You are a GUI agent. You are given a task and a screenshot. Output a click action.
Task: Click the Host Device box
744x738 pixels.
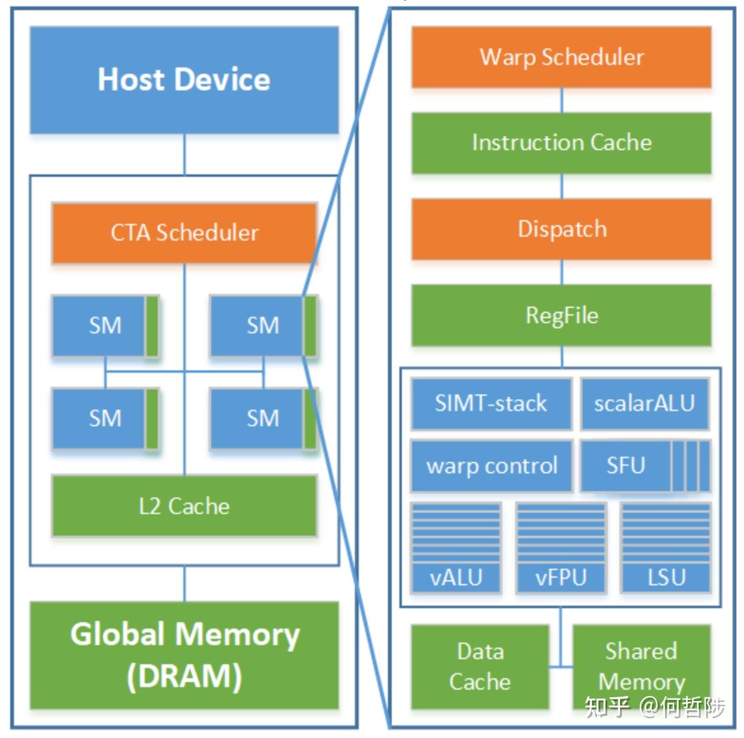pos(184,80)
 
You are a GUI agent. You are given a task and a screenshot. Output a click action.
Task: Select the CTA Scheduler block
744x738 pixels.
pos(184,233)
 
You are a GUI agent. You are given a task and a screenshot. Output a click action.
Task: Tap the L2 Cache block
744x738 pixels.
pos(184,506)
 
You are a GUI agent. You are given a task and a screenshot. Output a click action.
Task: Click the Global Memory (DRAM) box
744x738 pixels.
pos(184,655)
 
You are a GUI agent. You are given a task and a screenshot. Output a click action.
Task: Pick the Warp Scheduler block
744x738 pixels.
pos(561,57)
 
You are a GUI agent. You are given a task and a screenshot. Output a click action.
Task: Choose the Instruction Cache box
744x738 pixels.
pos(561,143)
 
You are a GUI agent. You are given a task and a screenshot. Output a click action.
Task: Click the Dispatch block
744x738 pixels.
pos(561,229)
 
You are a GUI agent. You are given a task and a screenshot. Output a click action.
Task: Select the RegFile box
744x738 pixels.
pos(561,316)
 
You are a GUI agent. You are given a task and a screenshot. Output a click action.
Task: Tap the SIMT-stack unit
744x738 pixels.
pos(491,403)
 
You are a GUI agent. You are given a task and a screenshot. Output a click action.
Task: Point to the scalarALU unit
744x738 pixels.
pos(644,403)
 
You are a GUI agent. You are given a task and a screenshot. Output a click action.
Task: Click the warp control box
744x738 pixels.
pos(492,466)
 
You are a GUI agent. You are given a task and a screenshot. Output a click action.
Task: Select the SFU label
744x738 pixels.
pos(626,466)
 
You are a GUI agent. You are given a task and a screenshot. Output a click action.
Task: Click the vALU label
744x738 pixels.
pos(456,578)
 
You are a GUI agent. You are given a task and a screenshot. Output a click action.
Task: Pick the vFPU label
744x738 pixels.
pos(561,578)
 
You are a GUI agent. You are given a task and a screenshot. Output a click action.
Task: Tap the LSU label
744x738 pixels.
pos(666,578)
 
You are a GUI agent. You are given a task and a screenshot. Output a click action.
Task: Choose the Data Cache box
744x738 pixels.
pos(480,667)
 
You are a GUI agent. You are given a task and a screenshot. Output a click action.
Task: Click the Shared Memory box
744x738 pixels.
pos(641,667)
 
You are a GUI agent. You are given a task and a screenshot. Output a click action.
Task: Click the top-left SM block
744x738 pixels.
pos(105,326)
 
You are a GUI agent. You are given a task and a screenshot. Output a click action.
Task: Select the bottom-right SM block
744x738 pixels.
pos(263,419)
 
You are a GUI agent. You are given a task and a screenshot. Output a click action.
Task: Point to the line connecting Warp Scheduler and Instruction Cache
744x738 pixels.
pos(561,101)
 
